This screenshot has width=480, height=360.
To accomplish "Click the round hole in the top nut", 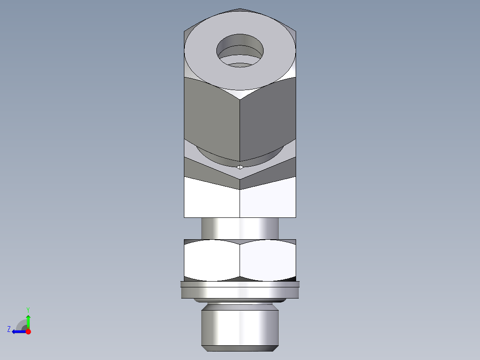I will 240,49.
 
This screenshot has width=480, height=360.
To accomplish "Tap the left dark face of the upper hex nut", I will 212,118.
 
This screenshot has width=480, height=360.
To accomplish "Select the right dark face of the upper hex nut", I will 267,118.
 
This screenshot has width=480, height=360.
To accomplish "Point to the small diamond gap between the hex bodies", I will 240,167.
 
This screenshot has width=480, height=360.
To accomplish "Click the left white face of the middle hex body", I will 212,198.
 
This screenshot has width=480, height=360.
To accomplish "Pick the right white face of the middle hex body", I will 268,198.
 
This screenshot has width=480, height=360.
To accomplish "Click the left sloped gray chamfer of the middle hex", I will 209,172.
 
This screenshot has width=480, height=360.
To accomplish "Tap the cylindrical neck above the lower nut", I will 240,228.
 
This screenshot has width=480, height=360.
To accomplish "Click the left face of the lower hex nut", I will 212,261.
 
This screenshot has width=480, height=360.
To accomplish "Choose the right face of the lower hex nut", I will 268,261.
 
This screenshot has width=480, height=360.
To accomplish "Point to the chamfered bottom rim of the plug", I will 240,346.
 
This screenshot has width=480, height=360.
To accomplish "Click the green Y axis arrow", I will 28,321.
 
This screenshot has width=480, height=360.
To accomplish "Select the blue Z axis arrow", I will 18,331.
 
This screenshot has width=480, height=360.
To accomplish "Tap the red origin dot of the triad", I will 28,331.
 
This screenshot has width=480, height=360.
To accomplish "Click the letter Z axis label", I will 9,329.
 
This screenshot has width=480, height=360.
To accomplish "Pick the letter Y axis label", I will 28,309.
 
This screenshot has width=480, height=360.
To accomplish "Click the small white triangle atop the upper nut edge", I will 240,93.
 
